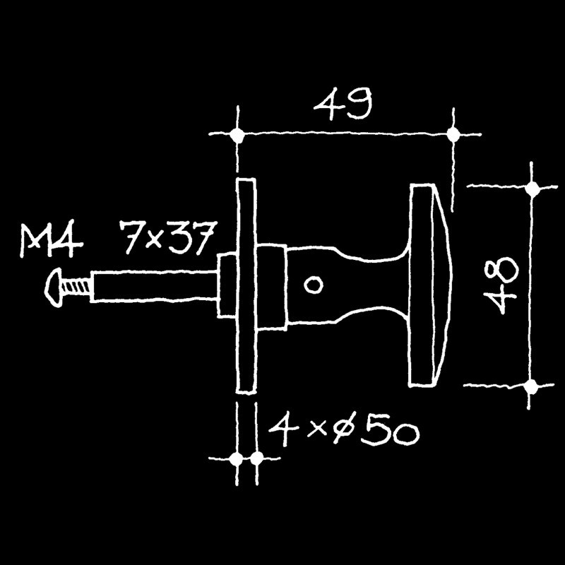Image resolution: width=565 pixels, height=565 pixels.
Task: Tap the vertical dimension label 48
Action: [x=502, y=286]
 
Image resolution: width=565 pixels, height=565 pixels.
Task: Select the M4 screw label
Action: [x=51, y=239]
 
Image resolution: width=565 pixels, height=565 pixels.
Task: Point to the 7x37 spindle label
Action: [x=169, y=238]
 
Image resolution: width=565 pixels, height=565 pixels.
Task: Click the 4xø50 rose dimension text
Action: [x=344, y=430]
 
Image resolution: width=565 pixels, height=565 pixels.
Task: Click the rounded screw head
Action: [x=54, y=287]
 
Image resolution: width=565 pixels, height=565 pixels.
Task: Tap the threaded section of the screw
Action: [x=76, y=287]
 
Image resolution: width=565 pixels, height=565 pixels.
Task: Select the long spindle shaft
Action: [x=155, y=287]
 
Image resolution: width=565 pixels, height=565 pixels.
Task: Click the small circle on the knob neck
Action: [x=313, y=285]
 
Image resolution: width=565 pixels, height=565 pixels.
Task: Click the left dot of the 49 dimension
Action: [x=237, y=134]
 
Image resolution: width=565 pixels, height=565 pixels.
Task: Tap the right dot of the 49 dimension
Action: [x=453, y=135]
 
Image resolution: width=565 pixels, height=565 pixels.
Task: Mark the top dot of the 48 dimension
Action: [x=532, y=188]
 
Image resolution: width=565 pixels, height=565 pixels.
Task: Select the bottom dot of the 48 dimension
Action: [x=530, y=386]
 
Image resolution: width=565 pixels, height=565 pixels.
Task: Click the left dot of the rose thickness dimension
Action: [x=237, y=458]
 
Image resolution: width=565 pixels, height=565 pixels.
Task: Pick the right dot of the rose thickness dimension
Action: [x=256, y=458]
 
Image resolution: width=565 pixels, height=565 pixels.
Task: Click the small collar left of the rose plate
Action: [x=227, y=286]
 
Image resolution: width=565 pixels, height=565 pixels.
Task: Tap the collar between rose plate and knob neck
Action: [x=272, y=287]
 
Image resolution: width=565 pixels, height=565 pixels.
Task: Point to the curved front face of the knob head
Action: [x=442, y=285]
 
